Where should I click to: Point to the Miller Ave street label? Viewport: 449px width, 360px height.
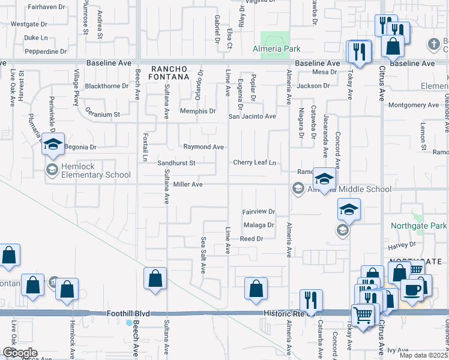pos(188,185)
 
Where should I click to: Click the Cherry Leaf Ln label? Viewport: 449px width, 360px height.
pos(255,163)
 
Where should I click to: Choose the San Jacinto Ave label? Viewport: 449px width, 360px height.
pos(252,116)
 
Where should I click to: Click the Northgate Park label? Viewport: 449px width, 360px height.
pos(418,226)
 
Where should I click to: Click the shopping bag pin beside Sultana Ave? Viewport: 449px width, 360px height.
pos(155,278)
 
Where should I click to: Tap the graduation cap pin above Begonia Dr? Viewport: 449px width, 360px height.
pos(52,144)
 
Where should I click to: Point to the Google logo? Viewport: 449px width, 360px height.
pos(19,353)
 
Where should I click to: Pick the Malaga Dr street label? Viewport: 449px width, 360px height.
pos(259,226)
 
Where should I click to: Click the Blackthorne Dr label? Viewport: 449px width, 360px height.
pos(107,86)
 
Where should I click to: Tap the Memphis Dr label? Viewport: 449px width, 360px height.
pos(200,111)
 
